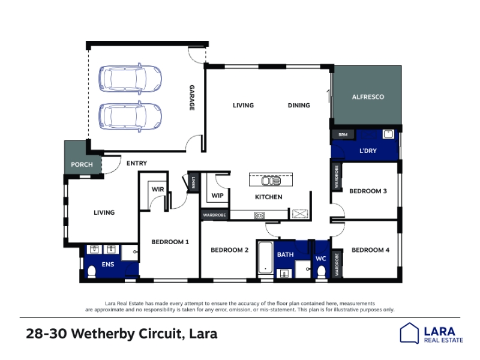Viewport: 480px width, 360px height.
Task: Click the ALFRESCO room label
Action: tap(368, 97)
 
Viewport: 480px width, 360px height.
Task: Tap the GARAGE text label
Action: tap(192, 98)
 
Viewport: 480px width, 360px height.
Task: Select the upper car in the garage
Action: tap(130, 79)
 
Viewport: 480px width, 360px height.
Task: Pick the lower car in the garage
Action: tap(130, 116)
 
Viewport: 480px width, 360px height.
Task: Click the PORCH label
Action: tap(82, 164)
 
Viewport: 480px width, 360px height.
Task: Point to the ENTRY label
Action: tap(137, 163)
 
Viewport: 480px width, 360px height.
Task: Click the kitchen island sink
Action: tap(271, 181)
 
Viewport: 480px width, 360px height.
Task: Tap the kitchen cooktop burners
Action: tap(259, 215)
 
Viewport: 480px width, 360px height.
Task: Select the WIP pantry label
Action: tap(217, 196)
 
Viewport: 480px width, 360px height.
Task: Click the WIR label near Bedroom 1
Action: tap(158, 190)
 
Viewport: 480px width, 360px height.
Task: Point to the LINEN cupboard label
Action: tap(193, 182)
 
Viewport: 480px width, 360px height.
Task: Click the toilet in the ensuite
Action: tap(92, 272)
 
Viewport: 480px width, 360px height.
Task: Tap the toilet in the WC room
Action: tap(321, 272)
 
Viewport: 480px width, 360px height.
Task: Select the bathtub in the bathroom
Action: tap(265, 258)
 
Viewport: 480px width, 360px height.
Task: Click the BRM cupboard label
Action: tap(343, 134)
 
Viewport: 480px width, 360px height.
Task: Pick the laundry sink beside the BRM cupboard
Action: tap(388, 134)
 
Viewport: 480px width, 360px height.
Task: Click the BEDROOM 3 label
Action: tap(368, 191)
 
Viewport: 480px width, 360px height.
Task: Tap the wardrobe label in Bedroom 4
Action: tap(337, 265)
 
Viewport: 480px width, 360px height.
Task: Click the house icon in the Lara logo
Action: tap(409, 333)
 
